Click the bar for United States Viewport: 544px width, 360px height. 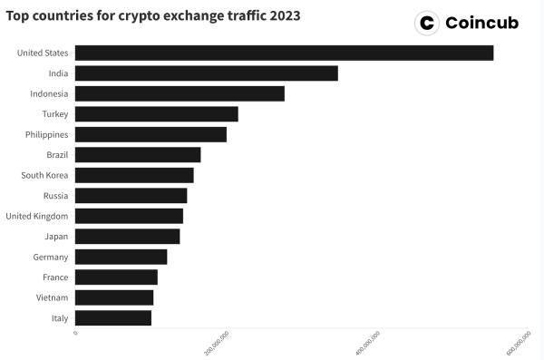coord(284,53)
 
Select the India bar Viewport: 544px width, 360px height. coord(206,73)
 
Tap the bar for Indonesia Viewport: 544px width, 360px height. coord(180,93)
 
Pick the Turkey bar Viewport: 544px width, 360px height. coord(156,114)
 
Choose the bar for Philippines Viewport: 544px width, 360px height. coord(151,134)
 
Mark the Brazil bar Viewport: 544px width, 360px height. coord(138,155)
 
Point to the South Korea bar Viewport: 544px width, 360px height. coord(134,175)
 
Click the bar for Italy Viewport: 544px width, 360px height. coord(113,318)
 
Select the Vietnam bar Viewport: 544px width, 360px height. coord(114,297)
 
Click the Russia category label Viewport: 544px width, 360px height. coord(55,196)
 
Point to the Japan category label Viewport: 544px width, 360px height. coord(55,237)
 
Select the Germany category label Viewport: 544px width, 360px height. coord(51,257)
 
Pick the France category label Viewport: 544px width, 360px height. coord(55,277)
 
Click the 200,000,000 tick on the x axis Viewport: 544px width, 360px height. coord(218,344)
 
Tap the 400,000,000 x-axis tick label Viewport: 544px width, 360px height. coord(369,344)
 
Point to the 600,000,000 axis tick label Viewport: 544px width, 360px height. coord(520,344)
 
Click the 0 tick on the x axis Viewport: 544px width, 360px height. coord(75,333)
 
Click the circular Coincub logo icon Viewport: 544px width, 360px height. coord(426,23)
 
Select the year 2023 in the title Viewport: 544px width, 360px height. coord(281,16)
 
